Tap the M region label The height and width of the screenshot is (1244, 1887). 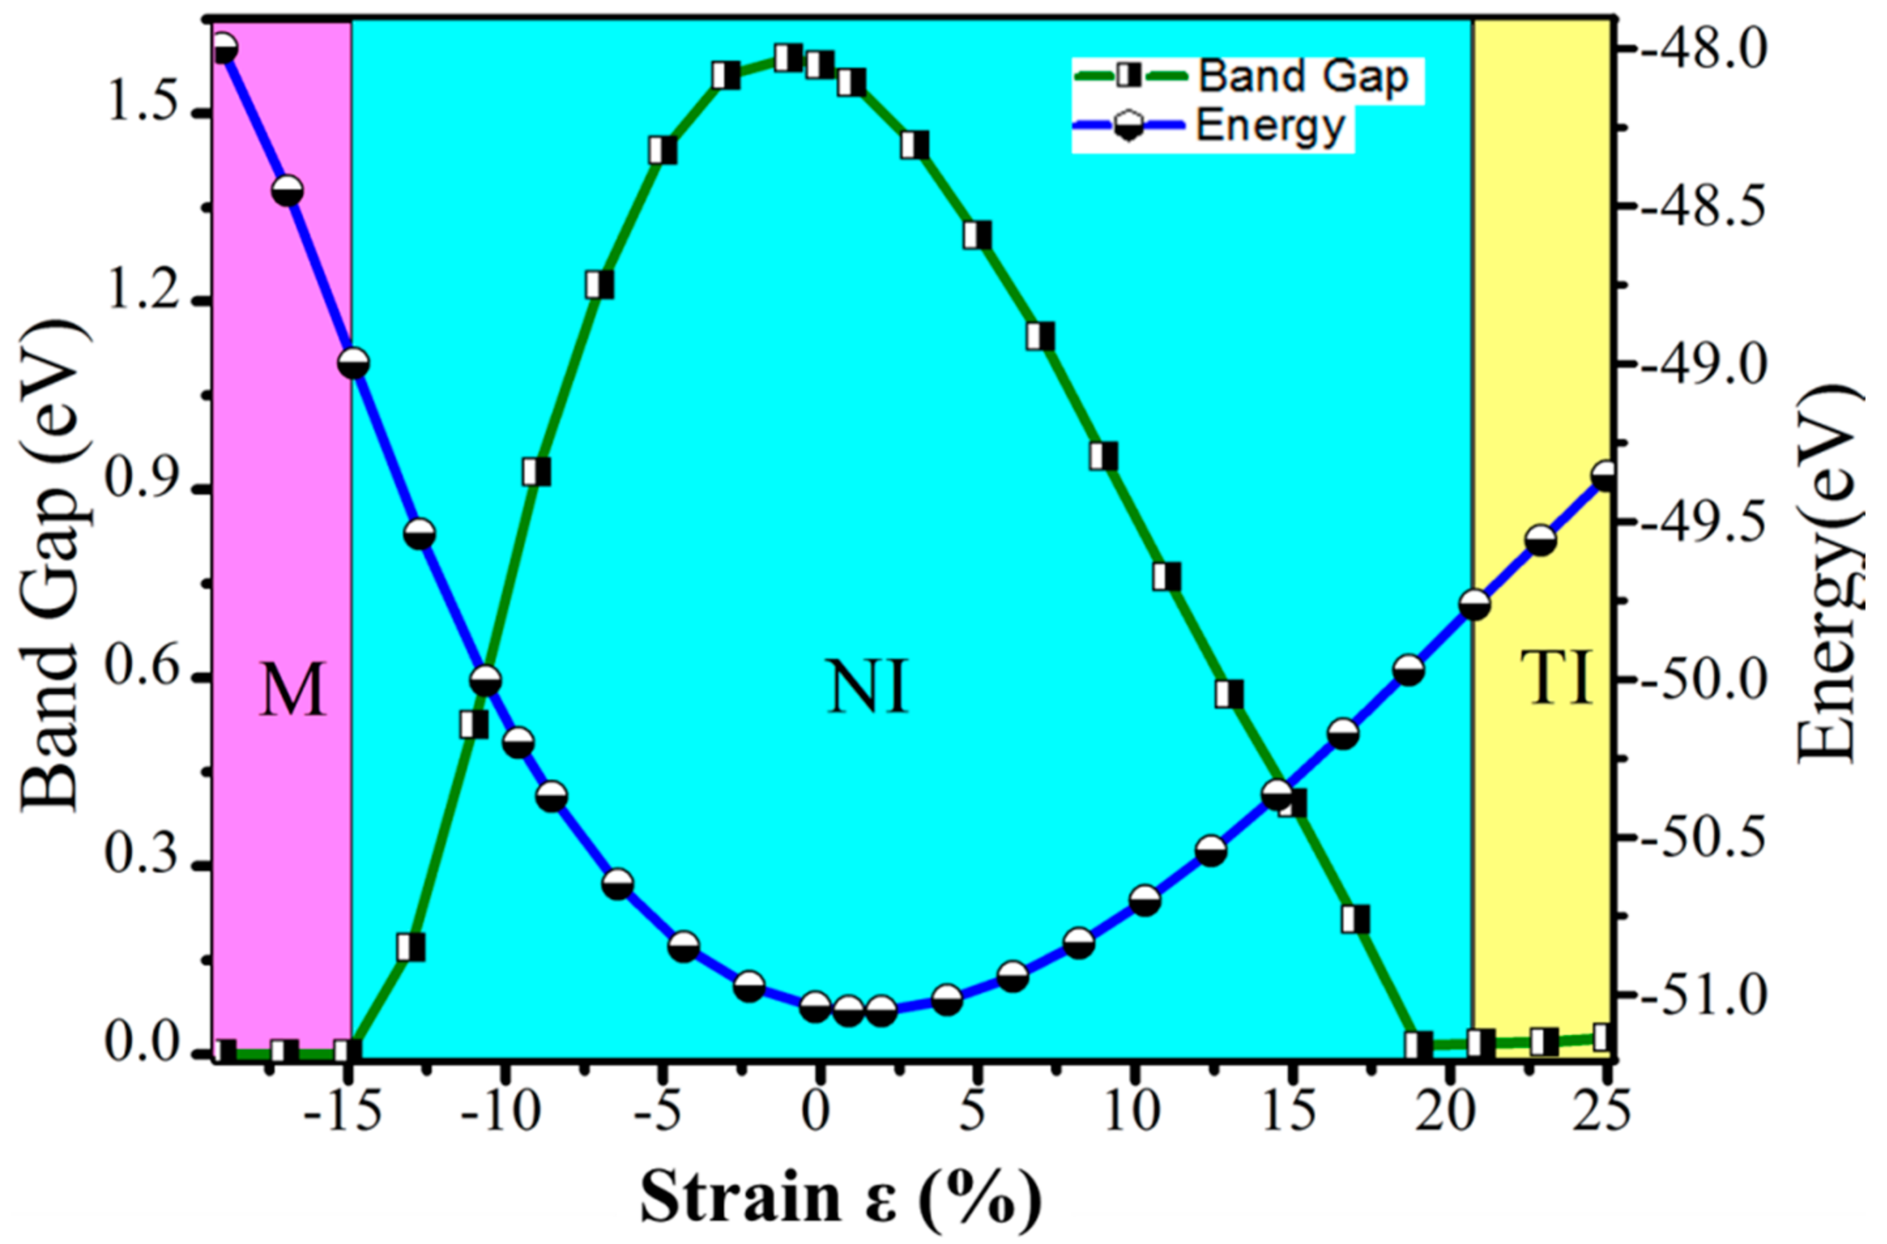click(x=293, y=691)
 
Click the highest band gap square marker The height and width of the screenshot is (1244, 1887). click(x=787, y=58)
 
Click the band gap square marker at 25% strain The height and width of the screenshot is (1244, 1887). click(x=1603, y=1037)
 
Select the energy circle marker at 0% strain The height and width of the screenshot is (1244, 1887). click(x=816, y=1007)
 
